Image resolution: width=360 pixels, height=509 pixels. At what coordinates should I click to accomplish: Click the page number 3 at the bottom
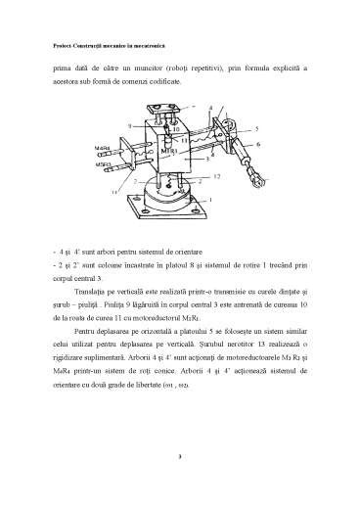click(x=181, y=456)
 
